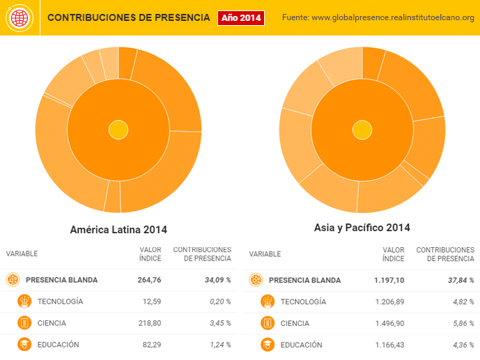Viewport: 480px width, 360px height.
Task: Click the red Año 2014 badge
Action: pyautogui.click(x=241, y=17)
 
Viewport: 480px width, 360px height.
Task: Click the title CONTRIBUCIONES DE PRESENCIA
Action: pyautogui.click(x=128, y=17)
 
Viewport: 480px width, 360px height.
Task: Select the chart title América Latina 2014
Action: pyautogui.click(x=119, y=229)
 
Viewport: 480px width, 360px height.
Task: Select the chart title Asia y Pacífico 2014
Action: pyautogui.click(x=362, y=228)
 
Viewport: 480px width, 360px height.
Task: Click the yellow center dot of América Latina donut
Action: pyautogui.click(x=118, y=130)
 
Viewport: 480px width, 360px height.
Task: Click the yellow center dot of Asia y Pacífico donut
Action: pyautogui.click(x=362, y=130)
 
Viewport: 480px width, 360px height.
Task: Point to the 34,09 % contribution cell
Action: pyautogui.click(x=217, y=280)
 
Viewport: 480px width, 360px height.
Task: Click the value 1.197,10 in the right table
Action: pyautogui.click(x=388, y=280)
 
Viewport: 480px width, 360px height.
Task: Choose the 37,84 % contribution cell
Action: pyautogui.click(x=460, y=280)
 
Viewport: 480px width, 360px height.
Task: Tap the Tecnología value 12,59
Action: pyautogui.click(x=151, y=302)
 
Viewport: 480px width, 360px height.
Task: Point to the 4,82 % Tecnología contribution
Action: pyautogui.click(x=462, y=302)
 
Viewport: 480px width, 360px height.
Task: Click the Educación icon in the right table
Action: pyautogui.click(x=268, y=345)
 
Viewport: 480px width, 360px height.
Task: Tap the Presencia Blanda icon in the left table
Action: pyautogui.click(x=13, y=280)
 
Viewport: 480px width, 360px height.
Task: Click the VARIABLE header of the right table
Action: pyautogui.click(x=265, y=254)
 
